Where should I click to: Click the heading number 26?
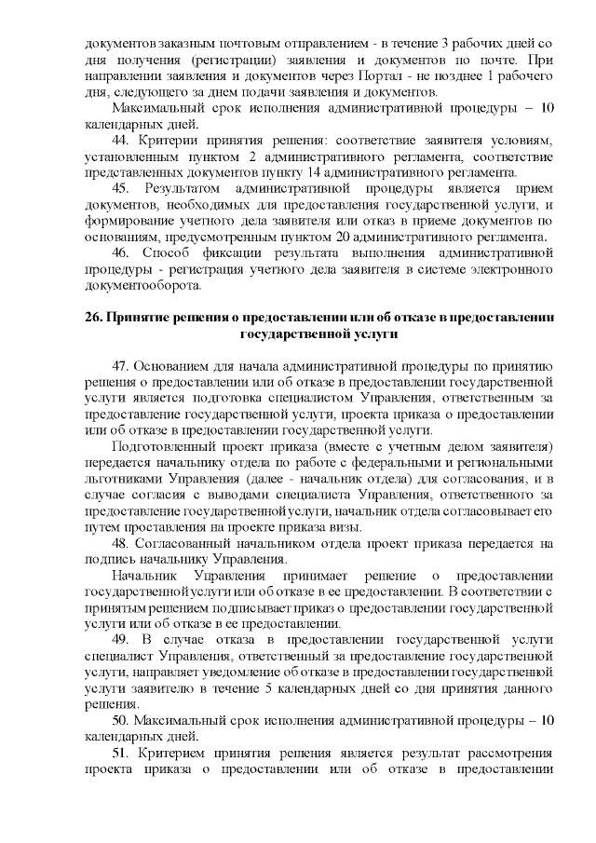point(92,317)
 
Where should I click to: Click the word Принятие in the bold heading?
point(138,317)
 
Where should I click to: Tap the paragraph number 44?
point(121,140)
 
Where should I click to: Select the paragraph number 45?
point(122,188)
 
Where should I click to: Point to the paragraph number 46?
point(122,252)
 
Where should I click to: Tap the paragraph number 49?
point(121,639)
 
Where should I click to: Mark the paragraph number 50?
point(121,720)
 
